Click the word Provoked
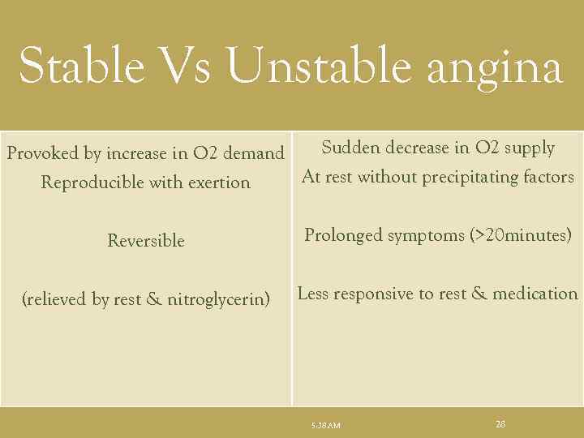42,153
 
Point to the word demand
253,153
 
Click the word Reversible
146,241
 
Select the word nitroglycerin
218,300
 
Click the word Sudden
350,148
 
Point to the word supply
528,148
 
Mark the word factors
547,177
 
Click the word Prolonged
343,236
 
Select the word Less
313,294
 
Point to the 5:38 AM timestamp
326,425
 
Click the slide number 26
500,423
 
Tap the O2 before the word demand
204,153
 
